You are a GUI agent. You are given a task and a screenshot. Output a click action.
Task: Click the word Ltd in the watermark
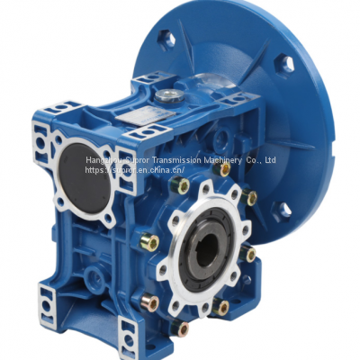pos(271,160)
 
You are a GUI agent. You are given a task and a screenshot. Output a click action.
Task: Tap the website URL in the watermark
pos(136,169)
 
